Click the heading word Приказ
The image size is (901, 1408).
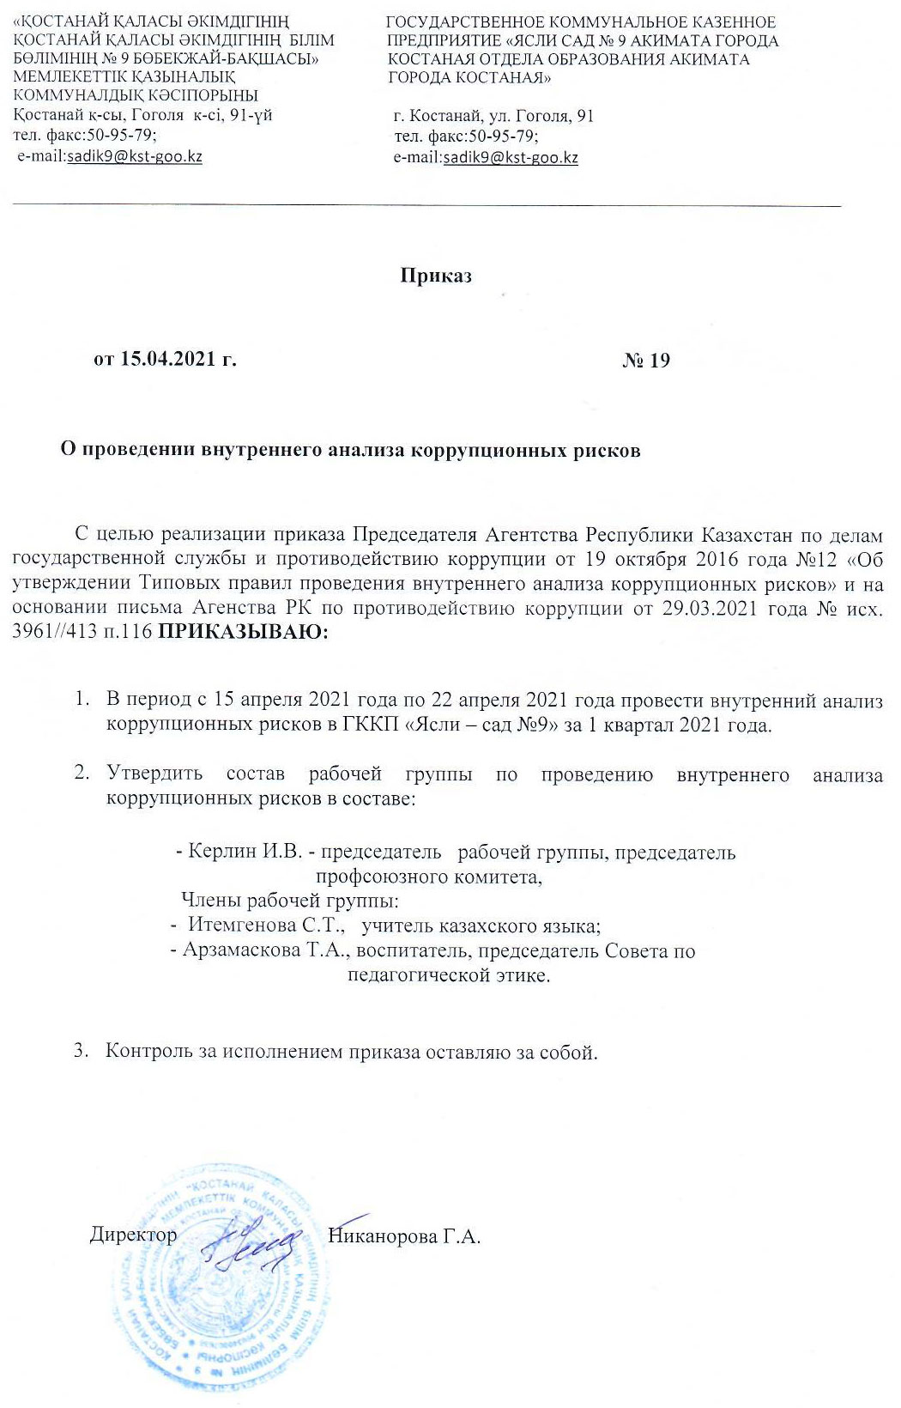click(436, 276)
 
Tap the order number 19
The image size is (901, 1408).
click(660, 360)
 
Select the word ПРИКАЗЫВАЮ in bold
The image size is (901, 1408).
click(238, 634)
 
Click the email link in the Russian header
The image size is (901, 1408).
click(511, 157)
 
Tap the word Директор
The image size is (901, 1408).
click(133, 1235)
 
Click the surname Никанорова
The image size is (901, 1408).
click(383, 1236)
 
